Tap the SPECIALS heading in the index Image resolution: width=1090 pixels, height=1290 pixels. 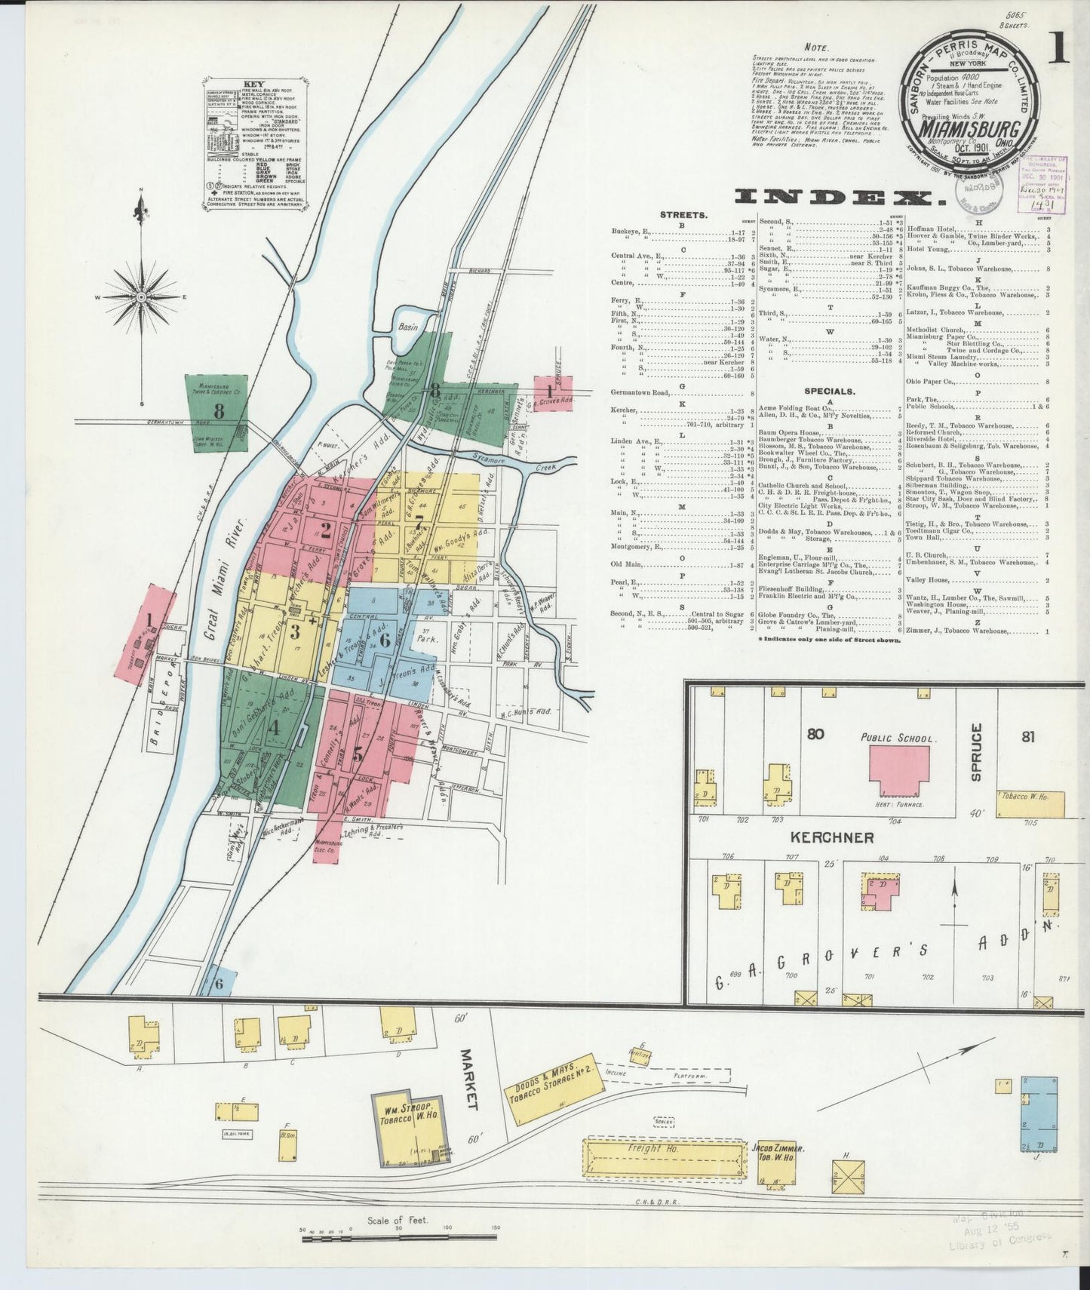coord(829,392)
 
